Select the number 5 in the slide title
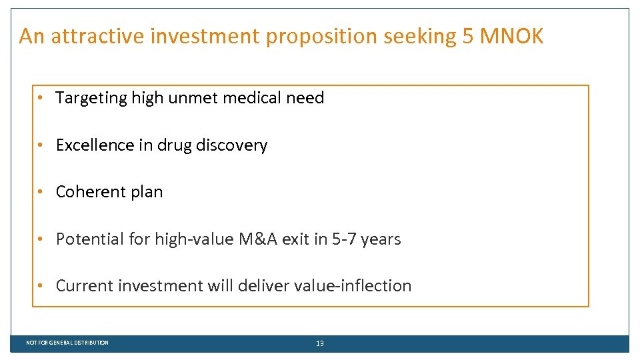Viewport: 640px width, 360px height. (x=469, y=36)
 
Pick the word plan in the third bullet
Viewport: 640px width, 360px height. (x=147, y=193)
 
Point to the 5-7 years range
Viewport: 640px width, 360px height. (x=366, y=239)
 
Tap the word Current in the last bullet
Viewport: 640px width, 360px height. (x=85, y=285)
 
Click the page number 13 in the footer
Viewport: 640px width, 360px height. (x=320, y=343)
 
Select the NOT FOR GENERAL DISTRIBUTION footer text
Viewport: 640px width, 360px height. (x=67, y=343)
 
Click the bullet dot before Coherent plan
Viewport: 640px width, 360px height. (x=41, y=192)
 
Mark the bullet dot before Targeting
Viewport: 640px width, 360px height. (x=41, y=98)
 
